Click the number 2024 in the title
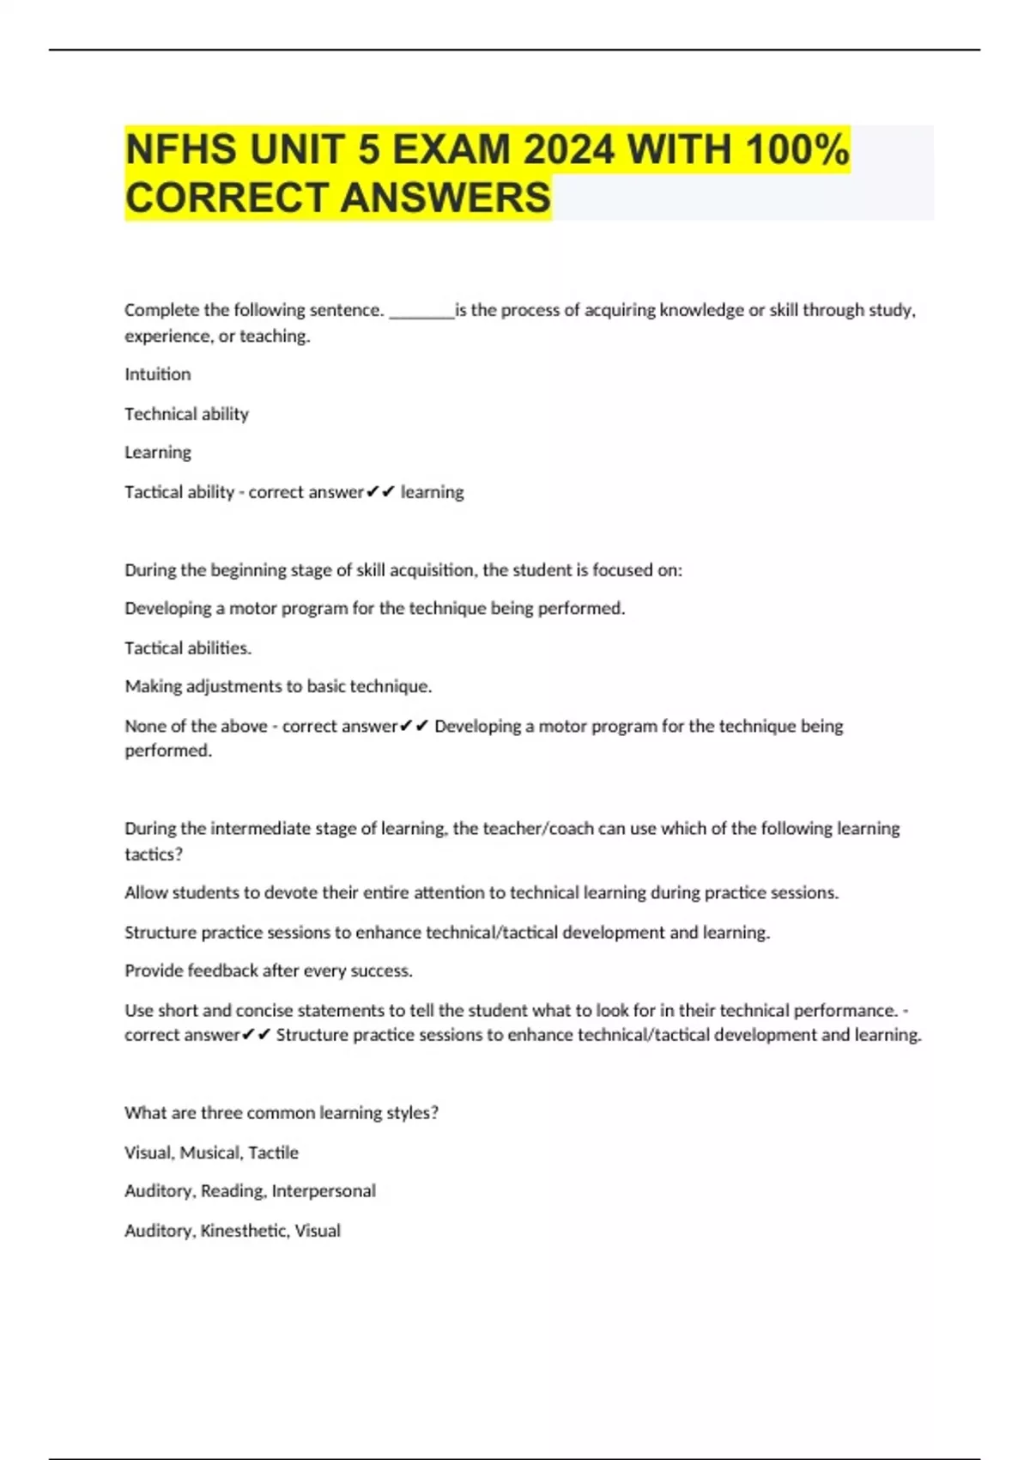(569, 150)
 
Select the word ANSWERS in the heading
(445, 198)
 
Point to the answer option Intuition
(158, 374)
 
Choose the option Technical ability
(186, 414)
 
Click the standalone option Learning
(158, 453)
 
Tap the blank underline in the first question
(421, 311)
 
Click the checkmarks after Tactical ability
(380, 492)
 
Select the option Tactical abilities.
(188, 648)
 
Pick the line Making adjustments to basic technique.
(278, 687)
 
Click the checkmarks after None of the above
(414, 727)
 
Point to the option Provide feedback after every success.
(269, 971)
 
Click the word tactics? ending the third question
(154, 855)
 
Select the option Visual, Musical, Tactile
(211, 1153)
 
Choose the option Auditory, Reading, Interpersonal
(250, 1191)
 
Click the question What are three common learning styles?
(282, 1113)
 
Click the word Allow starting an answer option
(146, 893)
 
